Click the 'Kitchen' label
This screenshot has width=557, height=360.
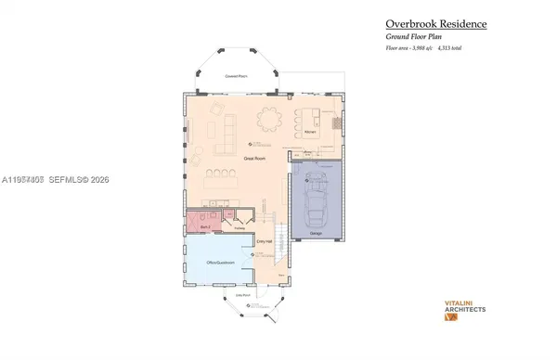311,133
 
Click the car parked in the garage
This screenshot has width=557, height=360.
316,200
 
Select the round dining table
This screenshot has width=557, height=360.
270,119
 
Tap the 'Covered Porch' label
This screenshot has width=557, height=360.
240,77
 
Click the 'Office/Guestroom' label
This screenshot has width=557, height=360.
218,264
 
